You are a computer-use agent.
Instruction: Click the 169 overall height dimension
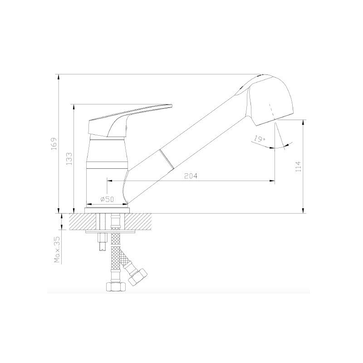[x=54, y=144]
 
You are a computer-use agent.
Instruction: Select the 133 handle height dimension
[x=69, y=158]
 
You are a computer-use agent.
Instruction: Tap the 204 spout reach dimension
[x=191, y=176]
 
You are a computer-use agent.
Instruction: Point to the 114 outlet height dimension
[x=299, y=167]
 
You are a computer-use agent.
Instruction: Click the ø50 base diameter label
[x=107, y=199]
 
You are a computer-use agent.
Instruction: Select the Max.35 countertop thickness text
[x=57, y=250]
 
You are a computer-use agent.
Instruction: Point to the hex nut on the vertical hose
[x=116, y=287]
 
